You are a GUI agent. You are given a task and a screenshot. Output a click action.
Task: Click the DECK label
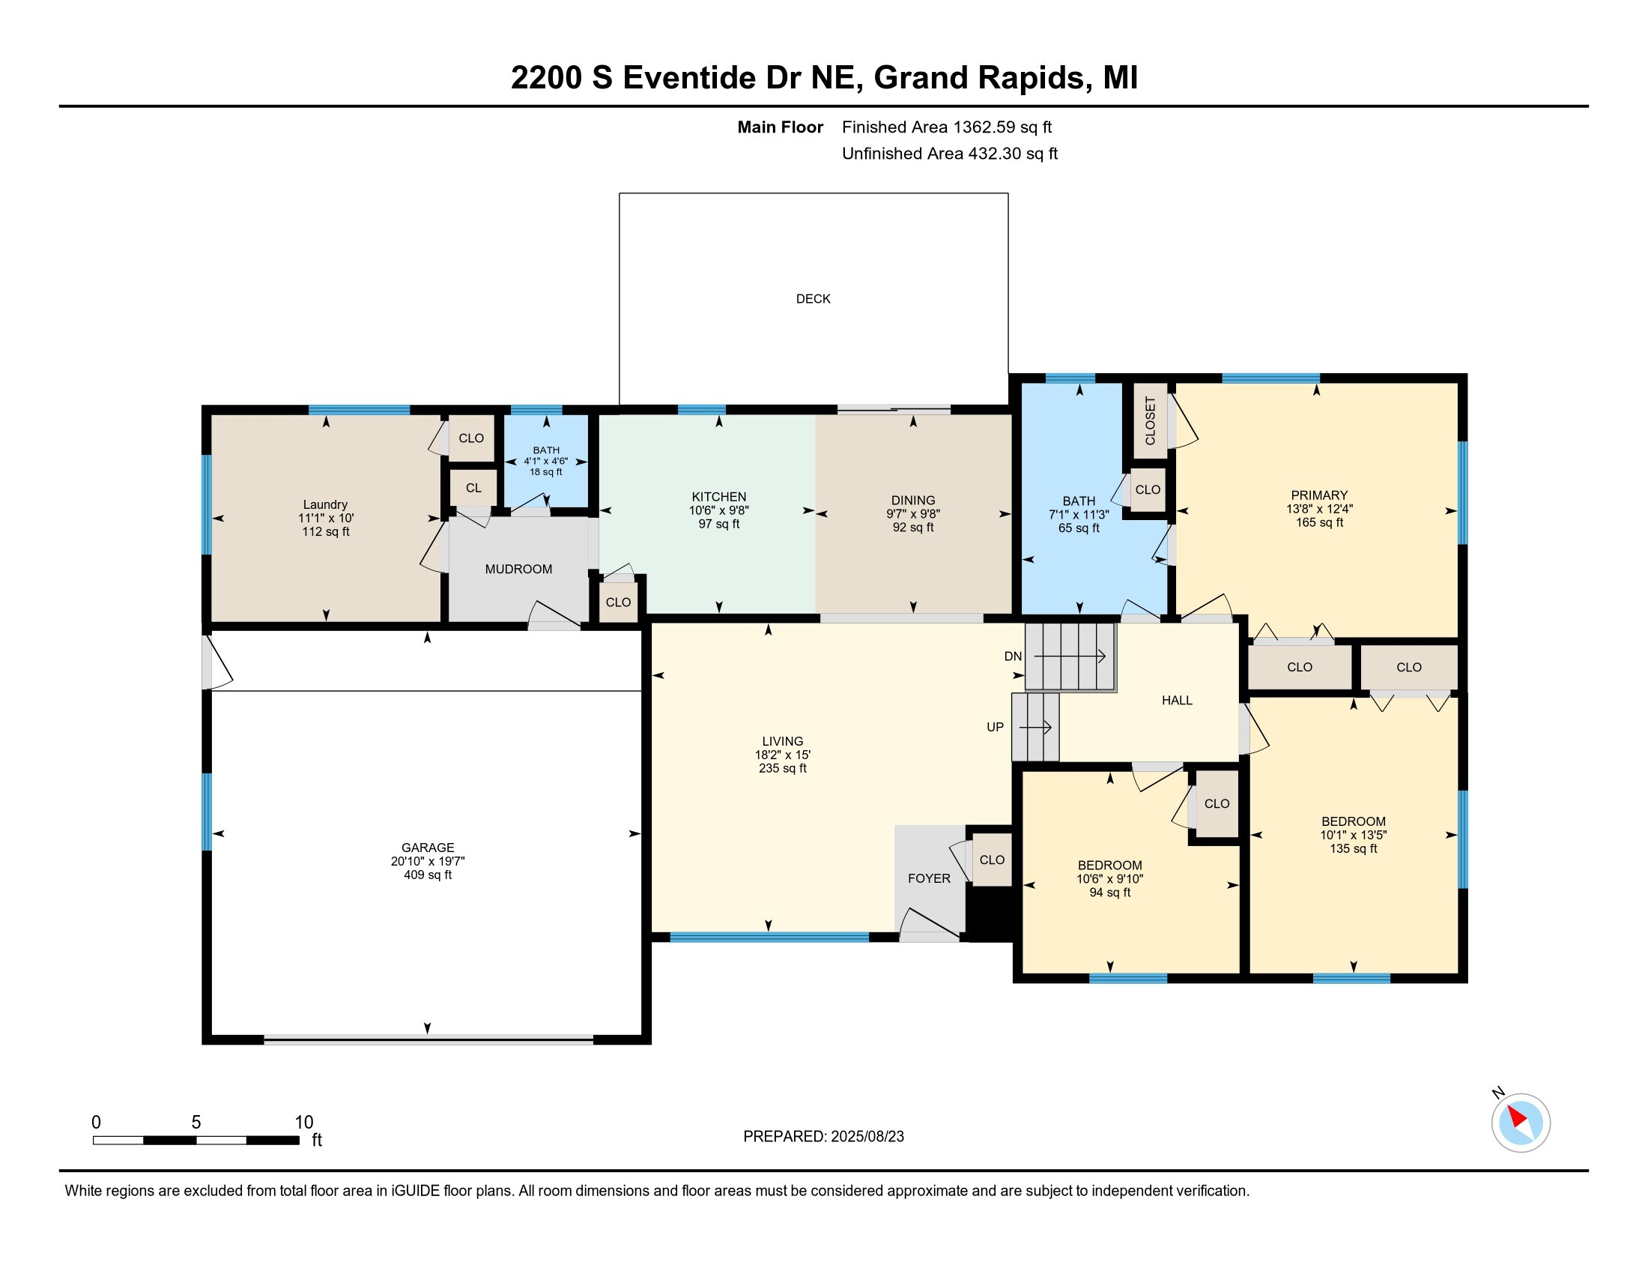coord(813,299)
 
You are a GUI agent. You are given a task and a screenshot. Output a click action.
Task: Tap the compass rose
coord(1521,1123)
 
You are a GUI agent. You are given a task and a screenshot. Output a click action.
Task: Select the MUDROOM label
coord(518,569)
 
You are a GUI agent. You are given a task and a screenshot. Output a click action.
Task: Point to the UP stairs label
coord(995,727)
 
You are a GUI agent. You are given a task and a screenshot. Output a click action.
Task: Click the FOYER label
coord(929,878)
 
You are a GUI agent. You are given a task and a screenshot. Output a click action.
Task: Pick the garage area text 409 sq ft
coord(427,875)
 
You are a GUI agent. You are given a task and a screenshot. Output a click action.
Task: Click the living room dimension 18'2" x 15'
coord(783,755)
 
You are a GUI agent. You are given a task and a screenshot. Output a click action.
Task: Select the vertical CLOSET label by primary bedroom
coord(1150,421)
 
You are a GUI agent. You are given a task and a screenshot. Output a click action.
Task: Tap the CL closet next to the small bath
coord(473,489)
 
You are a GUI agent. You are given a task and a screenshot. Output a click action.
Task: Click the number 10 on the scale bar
coord(303,1123)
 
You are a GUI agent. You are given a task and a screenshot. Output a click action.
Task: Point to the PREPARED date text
coord(823,1137)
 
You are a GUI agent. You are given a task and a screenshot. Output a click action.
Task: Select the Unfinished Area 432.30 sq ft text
coord(949,154)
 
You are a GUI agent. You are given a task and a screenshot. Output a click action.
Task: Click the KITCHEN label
coord(718,497)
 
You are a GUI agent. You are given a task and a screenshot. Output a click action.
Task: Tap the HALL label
coord(1176,701)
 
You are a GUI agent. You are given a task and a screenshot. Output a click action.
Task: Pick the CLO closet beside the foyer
coord(992,860)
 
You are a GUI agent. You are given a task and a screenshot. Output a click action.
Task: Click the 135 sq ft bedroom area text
coord(1353,848)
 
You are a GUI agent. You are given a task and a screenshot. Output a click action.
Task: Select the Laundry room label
coord(325,504)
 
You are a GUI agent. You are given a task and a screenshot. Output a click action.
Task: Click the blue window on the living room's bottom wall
coord(769,938)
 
